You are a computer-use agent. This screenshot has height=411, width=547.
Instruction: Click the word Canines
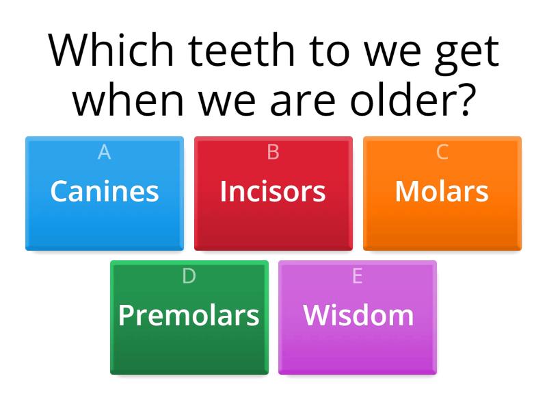(105, 192)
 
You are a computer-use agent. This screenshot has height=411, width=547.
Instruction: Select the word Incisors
(273, 192)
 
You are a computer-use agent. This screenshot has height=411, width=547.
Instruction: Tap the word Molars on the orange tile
(442, 192)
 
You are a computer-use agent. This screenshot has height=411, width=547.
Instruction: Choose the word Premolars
(189, 315)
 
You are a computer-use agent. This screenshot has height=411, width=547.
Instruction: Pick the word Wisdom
(358, 315)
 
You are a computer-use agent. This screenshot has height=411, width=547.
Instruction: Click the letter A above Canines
(105, 152)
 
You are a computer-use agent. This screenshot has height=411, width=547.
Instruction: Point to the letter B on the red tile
(273, 152)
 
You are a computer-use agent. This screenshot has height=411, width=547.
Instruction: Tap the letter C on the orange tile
(442, 152)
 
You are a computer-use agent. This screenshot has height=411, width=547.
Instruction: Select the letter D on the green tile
(189, 276)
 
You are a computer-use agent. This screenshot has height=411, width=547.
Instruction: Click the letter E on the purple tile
(358, 276)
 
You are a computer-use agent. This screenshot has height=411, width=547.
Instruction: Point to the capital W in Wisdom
(317, 315)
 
